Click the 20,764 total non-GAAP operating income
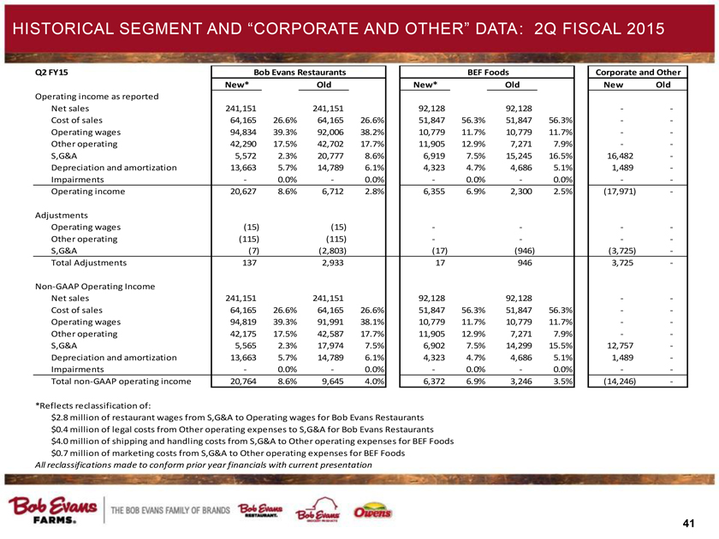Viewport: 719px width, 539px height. [238, 381]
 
